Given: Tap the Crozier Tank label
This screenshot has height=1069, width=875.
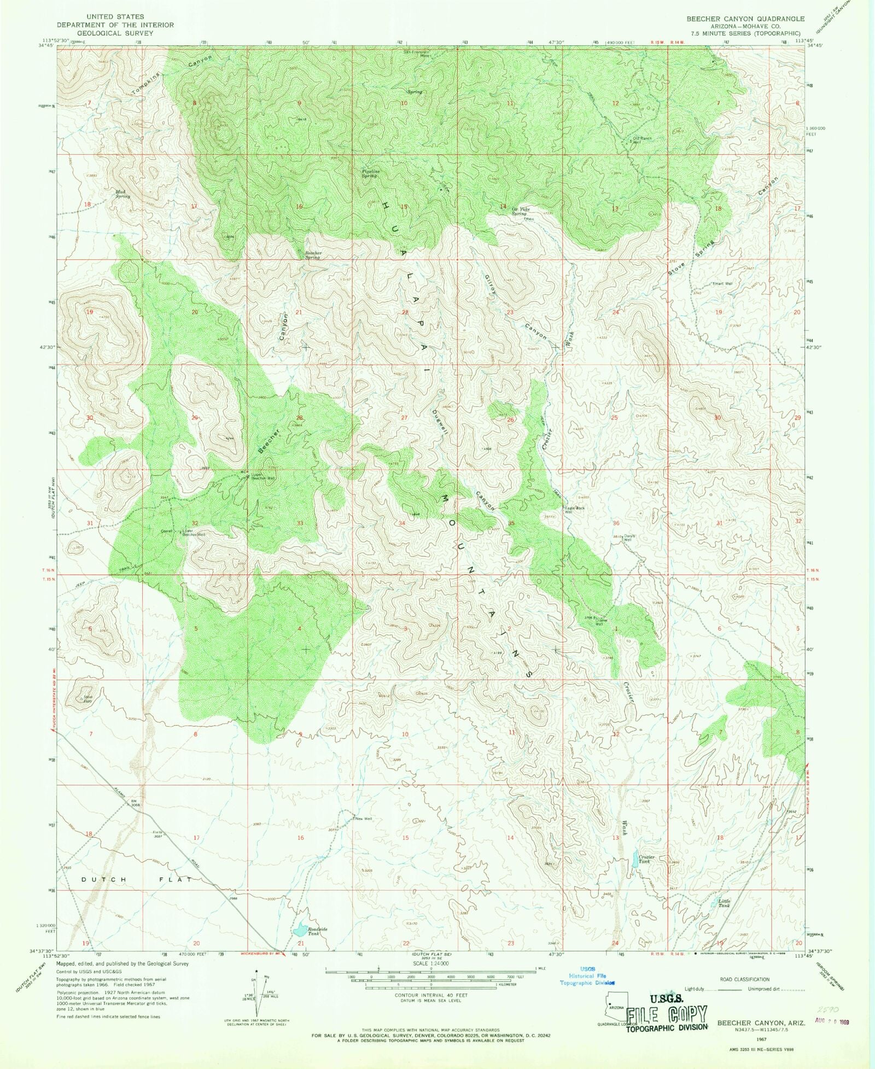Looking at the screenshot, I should point(646,859).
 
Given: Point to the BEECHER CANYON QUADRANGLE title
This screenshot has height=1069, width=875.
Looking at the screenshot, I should point(745,19).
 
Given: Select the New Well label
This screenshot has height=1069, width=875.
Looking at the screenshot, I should point(363,819).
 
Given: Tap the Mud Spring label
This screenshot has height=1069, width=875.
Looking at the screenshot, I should point(122,194).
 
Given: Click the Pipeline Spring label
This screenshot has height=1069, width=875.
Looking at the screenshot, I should point(370,173).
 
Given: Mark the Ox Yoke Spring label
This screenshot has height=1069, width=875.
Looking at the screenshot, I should point(520,211).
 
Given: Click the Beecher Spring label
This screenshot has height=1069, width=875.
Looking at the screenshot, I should point(313,255).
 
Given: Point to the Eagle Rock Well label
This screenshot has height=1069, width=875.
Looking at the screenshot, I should point(575,510).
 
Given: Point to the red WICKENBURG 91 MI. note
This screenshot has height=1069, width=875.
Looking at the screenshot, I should point(261,954).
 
